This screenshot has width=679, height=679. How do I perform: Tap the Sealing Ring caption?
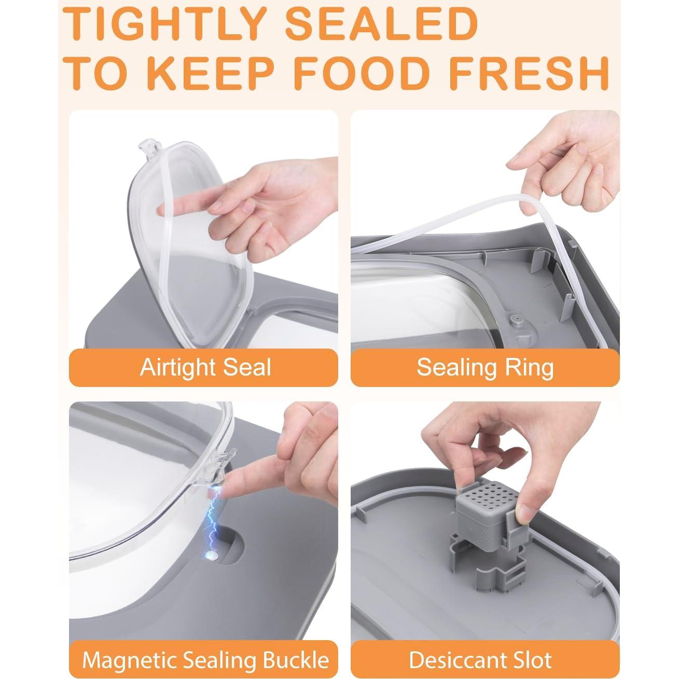point(484,367)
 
